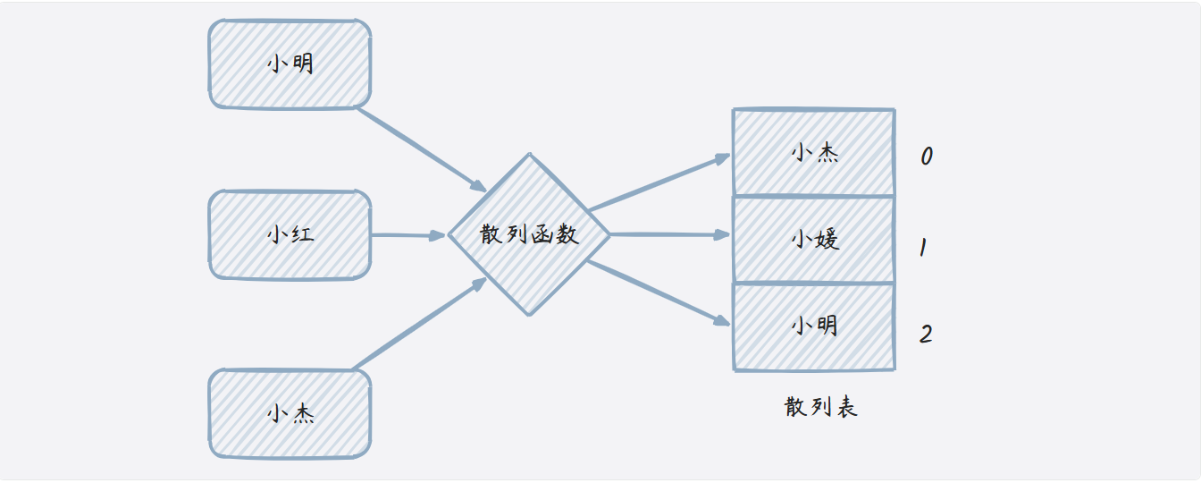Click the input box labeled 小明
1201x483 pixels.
pyautogui.click(x=290, y=64)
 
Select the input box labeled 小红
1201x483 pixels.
pyautogui.click(x=290, y=235)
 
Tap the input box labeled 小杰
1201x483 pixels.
pyautogui.click(x=290, y=413)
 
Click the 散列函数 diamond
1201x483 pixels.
pyautogui.click(x=529, y=234)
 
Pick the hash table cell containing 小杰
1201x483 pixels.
pyautogui.click(x=813, y=152)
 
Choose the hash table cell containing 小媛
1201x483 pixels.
pyautogui.click(x=813, y=239)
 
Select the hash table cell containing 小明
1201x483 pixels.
pyautogui.click(x=813, y=325)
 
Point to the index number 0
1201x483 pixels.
pyautogui.click(x=927, y=157)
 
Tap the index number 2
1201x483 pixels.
pyautogui.click(x=926, y=335)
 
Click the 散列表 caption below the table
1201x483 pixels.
pyautogui.click(x=821, y=407)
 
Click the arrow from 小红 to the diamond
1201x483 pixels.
pyautogui.click(x=407, y=235)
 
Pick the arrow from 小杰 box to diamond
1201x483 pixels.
pyautogui.click(x=420, y=323)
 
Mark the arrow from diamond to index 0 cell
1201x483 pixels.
pyautogui.click(x=659, y=182)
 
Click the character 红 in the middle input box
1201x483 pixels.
pyautogui.click(x=302, y=235)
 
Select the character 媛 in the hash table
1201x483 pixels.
pyautogui.click(x=827, y=239)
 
